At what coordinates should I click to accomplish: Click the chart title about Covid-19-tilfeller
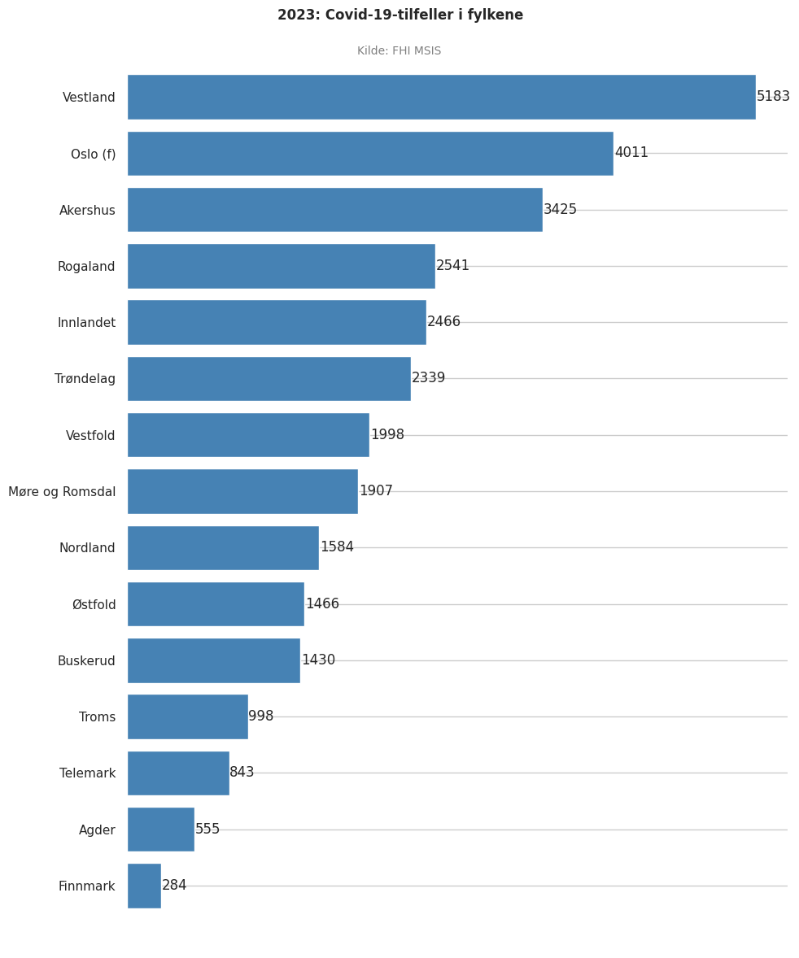click(399, 15)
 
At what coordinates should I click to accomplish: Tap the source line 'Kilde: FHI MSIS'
click(399, 51)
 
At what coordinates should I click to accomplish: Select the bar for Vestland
click(441, 97)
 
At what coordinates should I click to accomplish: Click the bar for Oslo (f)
click(370, 154)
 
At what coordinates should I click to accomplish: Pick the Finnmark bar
click(144, 886)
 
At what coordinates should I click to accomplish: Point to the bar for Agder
click(161, 830)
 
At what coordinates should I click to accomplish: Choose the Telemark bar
click(178, 773)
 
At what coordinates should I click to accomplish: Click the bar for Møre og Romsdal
click(242, 491)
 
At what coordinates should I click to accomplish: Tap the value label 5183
click(773, 97)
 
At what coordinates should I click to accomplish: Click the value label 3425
click(560, 210)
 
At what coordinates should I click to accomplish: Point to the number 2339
click(428, 378)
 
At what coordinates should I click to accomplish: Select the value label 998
click(261, 716)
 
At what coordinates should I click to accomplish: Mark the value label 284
click(174, 886)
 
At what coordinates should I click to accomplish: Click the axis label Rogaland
click(86, 267)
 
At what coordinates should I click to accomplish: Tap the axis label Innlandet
click(86, 323)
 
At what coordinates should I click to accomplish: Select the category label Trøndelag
click(85, 379)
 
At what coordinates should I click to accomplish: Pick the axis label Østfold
click(94, 605)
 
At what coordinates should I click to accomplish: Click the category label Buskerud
click(86, 661)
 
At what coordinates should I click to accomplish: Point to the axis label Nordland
click(87, 548)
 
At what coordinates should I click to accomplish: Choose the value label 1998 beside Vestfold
click(387, 435)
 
